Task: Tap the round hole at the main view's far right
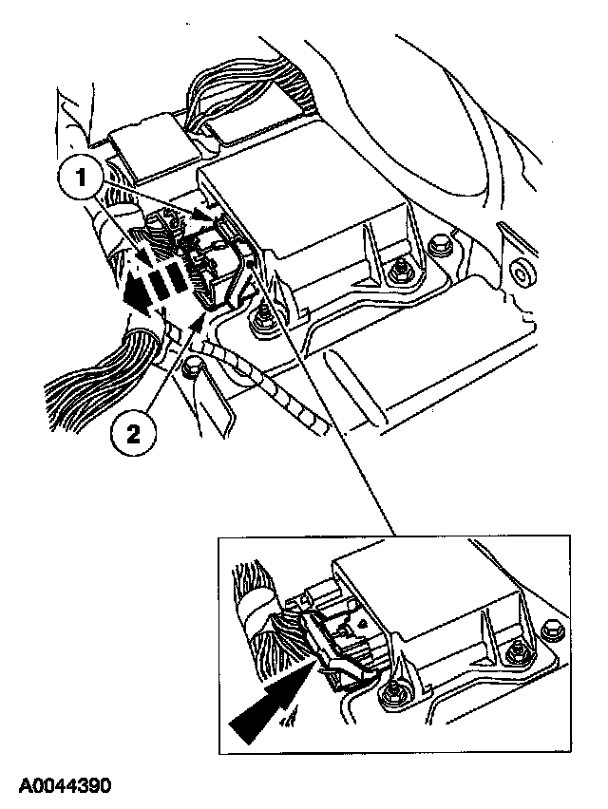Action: tap(521, 275)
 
